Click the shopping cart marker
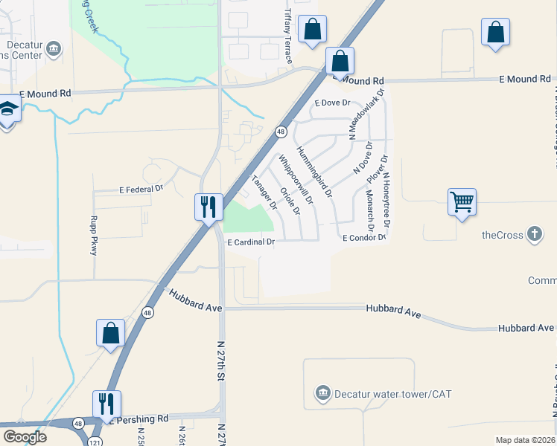click(x=462, y=201)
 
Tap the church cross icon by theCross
click(x=534, y=235)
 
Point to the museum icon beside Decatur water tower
click(x=322, y=392)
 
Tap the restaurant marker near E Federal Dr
click(x=209, y=204)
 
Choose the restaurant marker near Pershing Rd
click(x=106, y=404)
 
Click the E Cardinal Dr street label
click(x=251, y=242)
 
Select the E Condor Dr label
click(x=364, y=238)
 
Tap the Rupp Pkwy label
click(x=94, y=236)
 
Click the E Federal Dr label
click(x=141, y=190)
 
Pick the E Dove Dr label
click(x=332, y=103)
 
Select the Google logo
click(x=25, y=437)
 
